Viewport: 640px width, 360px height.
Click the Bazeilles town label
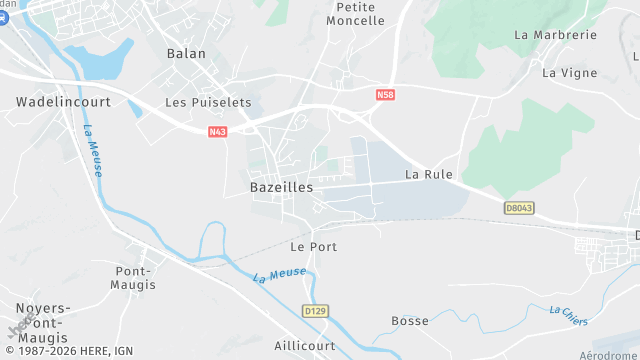point(281,187)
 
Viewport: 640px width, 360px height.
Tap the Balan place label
point(186,54)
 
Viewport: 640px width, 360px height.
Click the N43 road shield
point(218,131)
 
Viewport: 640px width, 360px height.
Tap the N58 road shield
point(386,95)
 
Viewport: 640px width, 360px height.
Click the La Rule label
point(429,174)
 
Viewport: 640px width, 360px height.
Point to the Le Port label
point(313,246)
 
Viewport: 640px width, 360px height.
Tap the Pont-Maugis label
point(136,278)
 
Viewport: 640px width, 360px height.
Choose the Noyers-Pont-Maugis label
point(42,323)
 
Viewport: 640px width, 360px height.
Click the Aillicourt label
point(305,345)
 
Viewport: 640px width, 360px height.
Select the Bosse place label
point(410,321)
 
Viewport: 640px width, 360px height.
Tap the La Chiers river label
point(569,315)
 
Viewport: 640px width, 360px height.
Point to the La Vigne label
point(569,72)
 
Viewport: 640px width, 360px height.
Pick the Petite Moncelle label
point(355,13)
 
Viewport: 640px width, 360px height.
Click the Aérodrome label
point(609,355)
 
